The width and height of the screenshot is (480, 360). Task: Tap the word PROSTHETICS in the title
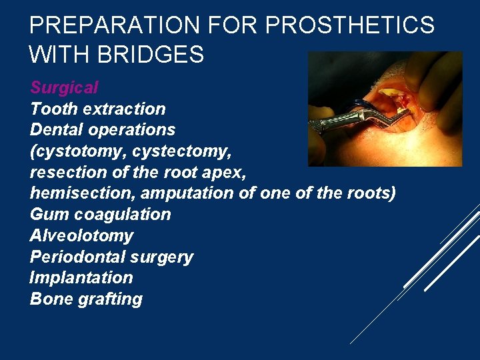pos(350,25)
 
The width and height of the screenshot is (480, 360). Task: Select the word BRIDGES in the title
pos(151,54)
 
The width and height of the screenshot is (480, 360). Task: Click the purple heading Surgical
pos(64,87)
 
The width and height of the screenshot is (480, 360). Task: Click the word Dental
pos(55,129)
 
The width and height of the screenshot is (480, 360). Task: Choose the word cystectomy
pos(181,151)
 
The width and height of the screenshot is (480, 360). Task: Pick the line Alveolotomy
pos(81,235)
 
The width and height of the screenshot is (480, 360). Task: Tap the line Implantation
pos(81,277)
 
